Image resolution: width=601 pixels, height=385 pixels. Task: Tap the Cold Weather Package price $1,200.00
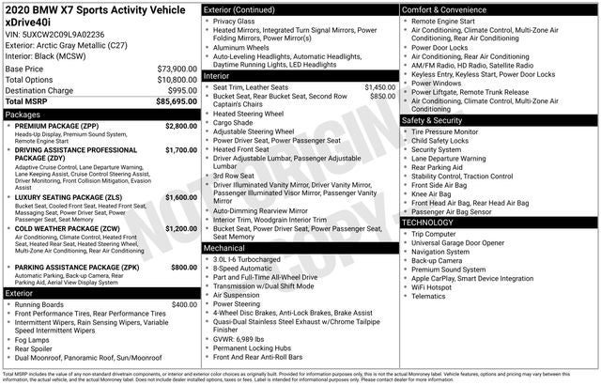[180, 228]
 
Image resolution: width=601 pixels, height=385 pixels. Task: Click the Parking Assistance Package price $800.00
[182, 268]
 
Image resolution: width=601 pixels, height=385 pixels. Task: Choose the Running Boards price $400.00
[182, 304]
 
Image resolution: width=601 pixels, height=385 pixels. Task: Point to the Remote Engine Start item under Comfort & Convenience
[447, 21]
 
